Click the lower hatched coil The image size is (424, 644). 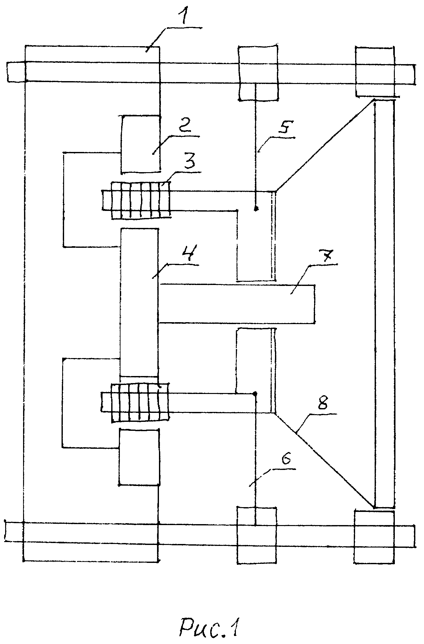(139, 401)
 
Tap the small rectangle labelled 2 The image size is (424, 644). (141, 145)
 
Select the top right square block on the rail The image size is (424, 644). (375, 71)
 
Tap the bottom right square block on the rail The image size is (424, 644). (374, 537)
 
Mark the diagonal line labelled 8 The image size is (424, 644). (324, 460)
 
